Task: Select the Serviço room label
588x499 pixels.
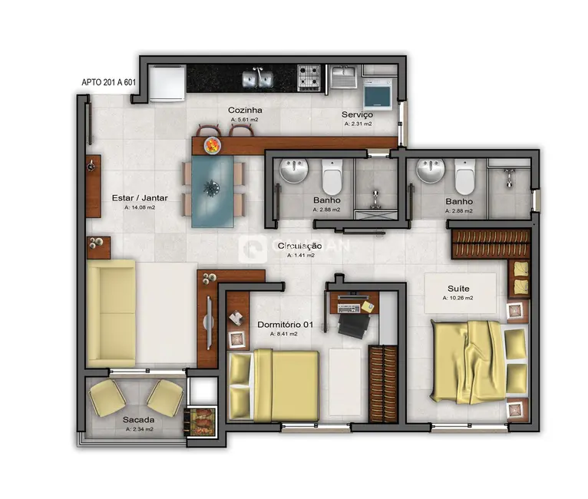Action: (358, 114)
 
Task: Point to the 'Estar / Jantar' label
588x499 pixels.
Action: (140, 197)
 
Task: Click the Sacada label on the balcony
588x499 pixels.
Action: (139, 420)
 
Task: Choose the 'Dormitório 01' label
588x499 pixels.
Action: (285, 325)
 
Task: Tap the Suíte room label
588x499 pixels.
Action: (459, 289)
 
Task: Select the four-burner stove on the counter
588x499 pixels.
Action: (310, 77)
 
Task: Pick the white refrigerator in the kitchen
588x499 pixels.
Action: (167, 83)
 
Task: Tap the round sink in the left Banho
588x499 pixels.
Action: (293, 171)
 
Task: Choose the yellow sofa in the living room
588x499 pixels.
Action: (112, 313)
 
